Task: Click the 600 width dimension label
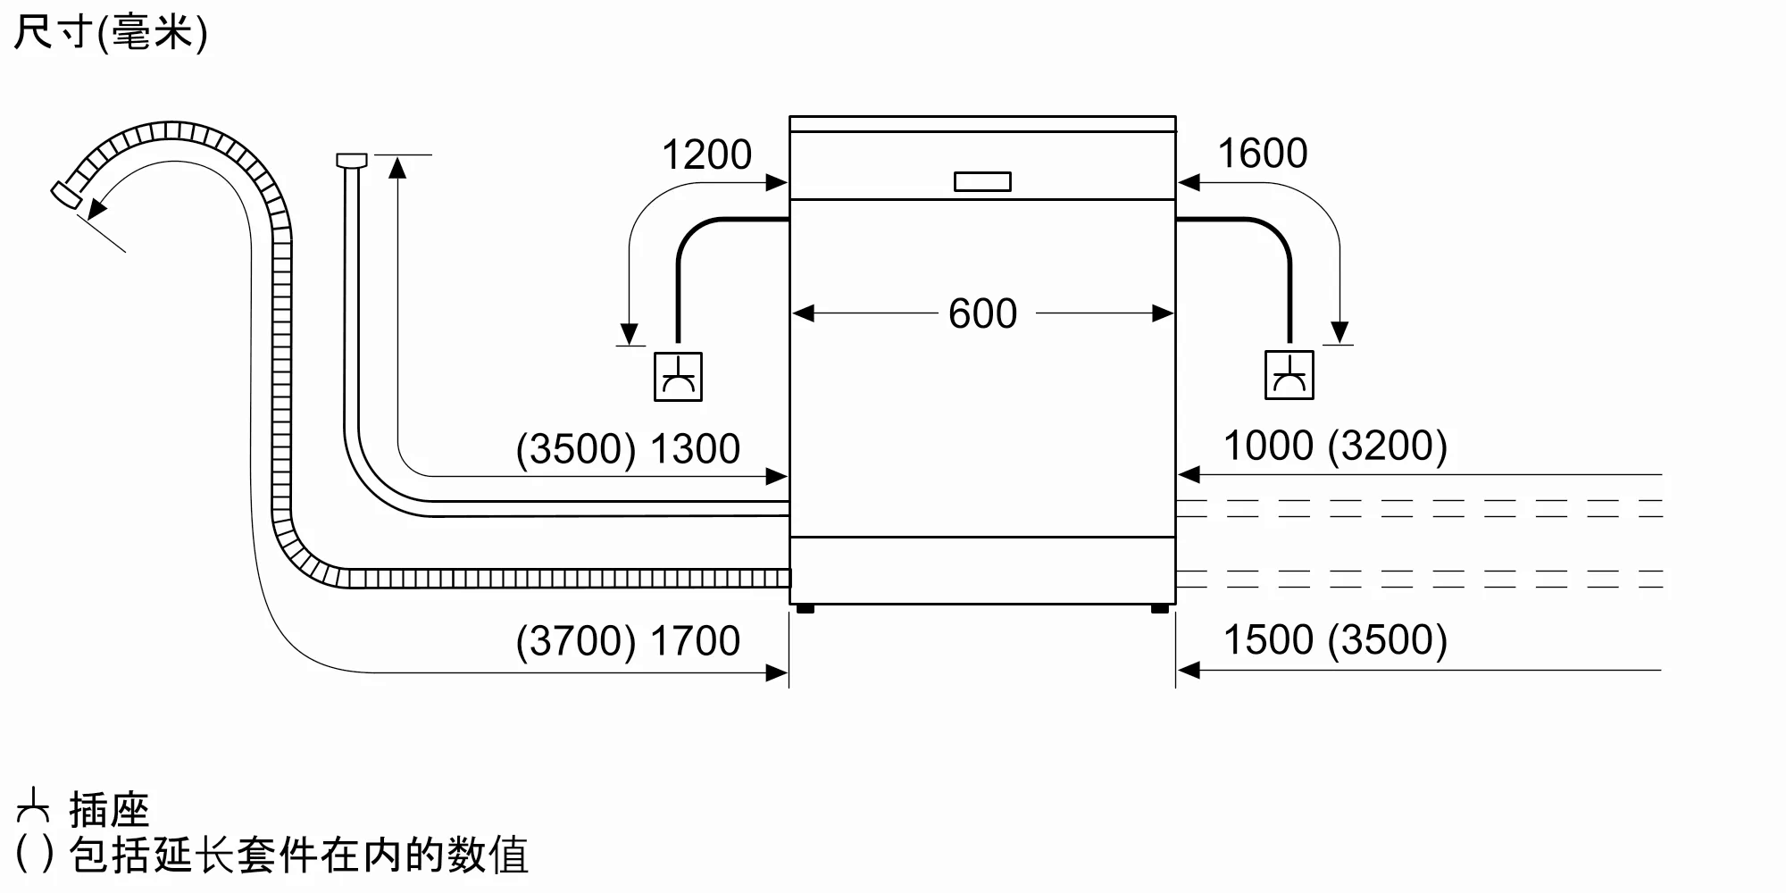click(982, 313)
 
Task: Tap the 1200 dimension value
click(706, 154)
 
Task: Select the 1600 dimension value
click(1262, 153)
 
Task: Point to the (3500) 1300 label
click(628, 448)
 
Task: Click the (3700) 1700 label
click(628, 640)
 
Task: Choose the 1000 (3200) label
click(1334, 446)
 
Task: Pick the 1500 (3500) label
click(1334, 639)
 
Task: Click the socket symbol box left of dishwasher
click(678, 376)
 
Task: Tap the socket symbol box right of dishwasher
click(1289, 375)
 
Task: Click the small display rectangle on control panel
click(982, 181)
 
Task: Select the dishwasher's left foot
click(805, 609)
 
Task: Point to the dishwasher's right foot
click(1159, 609)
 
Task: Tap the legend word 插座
click(109, 810)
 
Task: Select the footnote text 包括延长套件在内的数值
click(298, 855)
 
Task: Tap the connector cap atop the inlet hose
click(352, 161)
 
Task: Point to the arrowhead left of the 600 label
click(803, 313)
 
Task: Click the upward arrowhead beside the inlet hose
click(397, 166)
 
